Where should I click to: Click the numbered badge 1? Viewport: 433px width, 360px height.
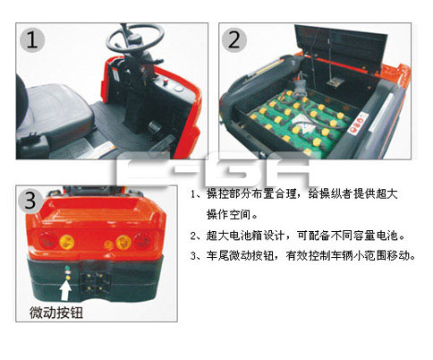pyautogui.click(x=32, y=40)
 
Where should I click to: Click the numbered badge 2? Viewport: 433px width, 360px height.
pyautogui.click(x=234, y=40)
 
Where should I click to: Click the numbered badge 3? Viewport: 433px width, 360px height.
pyautogui.click(x=30, y=201)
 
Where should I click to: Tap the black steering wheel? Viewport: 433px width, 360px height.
pyautogui.click(x=136, y=38)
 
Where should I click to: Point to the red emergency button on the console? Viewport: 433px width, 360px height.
pyautogui.click(x=166, y=81)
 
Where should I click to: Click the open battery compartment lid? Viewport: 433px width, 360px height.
pyautogui.click(x=341, y=47)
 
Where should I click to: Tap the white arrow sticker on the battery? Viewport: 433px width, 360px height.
pyautogui.click(x=303, y=124)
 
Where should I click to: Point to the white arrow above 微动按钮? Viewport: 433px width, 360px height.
pyautogui.click(x=65, y=290)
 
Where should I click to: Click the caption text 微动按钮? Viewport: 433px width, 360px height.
pyautogui.click(x=56, y=313)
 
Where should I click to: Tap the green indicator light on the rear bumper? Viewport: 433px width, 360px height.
pyautogui.click(x=68, y=268)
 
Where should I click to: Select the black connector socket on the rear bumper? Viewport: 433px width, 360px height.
pyautogui.click(x=95, y=283)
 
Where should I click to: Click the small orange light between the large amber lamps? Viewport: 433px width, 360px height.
pyautogui.click(x=108, y=244)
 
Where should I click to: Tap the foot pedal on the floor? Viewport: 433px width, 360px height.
pyautogui.click(x=155, y=127)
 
